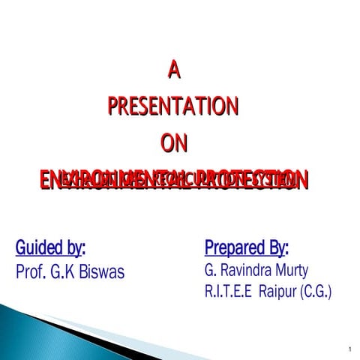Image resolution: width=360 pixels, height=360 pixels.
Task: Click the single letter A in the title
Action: click(173, 71)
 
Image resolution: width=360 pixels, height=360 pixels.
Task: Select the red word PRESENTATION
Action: click(173, 106)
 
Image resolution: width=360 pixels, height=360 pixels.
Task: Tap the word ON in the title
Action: click(173, 142)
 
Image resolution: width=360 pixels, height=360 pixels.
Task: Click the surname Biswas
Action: click(105, 271)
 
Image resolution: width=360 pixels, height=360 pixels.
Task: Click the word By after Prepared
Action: click(277, 247)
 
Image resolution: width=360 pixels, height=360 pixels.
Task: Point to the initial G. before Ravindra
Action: click(209, 269)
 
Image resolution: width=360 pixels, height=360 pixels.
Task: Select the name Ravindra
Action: click(247, 269)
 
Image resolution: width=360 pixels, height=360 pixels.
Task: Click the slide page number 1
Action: click(349, 349)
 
